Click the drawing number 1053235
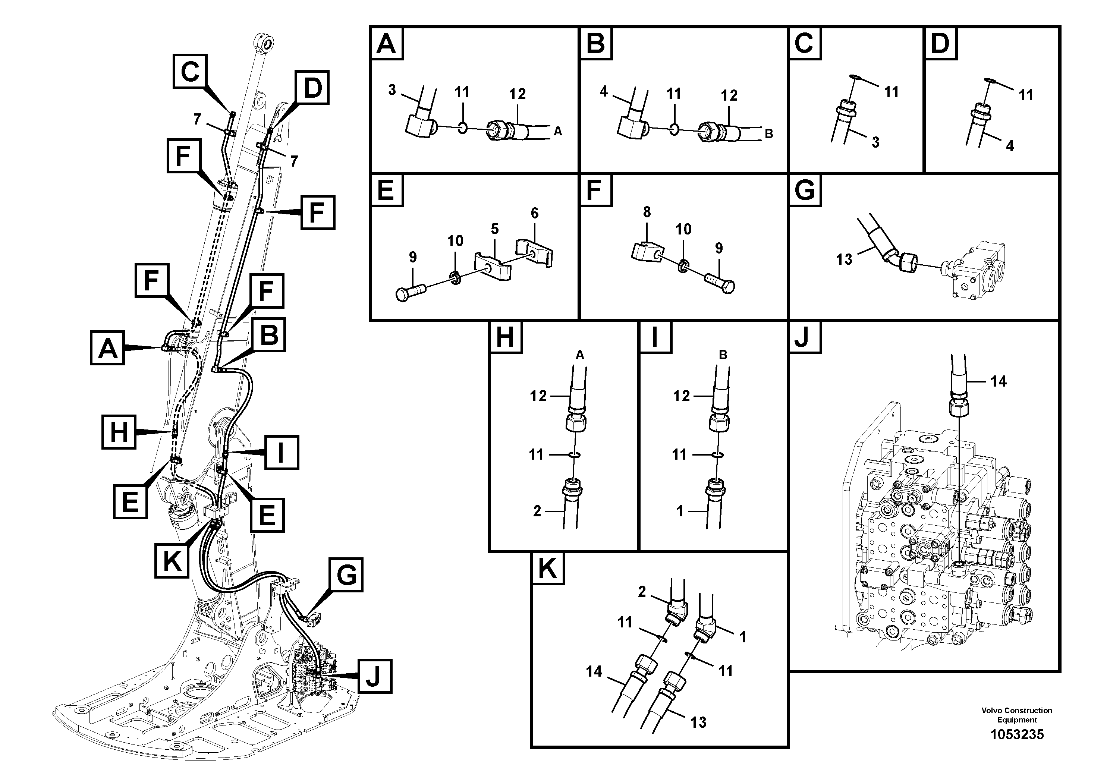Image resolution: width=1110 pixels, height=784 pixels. click(x=1017, y=735)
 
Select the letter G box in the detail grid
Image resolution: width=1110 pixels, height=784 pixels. click(x=805, y=190)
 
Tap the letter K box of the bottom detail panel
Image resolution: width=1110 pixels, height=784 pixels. click(x=547, y=569)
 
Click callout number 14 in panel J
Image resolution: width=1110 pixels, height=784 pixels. click(x=998, y=381)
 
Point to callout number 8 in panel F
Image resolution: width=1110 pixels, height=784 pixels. click(x=647, y=212)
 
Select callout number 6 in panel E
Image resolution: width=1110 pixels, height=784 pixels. click(x=534, y=213)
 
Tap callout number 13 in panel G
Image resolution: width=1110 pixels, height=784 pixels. click(x=844, y=259)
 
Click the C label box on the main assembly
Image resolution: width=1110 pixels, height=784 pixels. click(x=190, y=72)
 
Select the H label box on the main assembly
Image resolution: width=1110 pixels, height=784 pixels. click(x=119, y=432)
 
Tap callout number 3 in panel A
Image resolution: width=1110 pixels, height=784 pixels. click(x=392, y=90)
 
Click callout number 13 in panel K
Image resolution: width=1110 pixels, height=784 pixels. click(x=698, y=722)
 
